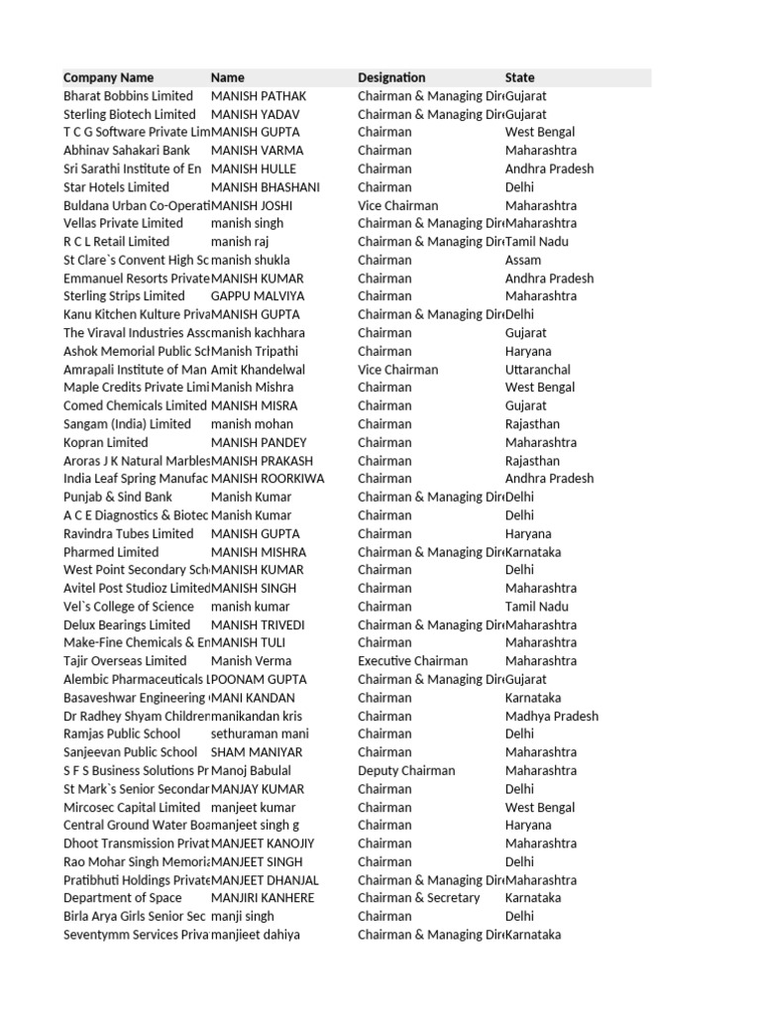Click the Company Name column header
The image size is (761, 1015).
click(x=108, y=77)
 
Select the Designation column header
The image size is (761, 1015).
click(x=391, y=77)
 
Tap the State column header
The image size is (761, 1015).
click(x=519, y=77)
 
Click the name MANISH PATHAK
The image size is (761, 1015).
click(x=259, y=96)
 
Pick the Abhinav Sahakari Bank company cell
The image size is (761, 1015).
click(x=127, y=151)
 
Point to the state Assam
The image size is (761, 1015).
click(x=524, y=260)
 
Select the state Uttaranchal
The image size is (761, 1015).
click(x=538, y=370)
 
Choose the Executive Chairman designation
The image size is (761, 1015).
click(x=413, y=661)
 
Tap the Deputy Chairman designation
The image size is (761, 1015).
click(x=406, y=771)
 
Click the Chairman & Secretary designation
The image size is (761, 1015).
click(x=418, y=898)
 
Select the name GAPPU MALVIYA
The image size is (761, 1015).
click(x=259, y=296)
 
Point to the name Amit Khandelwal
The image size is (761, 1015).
click(x=259, y=370)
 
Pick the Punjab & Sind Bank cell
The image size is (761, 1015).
click(x=118, y=498)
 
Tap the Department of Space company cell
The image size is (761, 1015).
click(x=123, y=898)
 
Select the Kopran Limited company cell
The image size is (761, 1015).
click(x=106, y=443)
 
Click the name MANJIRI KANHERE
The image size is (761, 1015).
click(x=263, y=898)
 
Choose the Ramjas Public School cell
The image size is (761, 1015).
click(x=122, y=734)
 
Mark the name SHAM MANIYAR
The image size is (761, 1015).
click(x=257, y=752)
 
